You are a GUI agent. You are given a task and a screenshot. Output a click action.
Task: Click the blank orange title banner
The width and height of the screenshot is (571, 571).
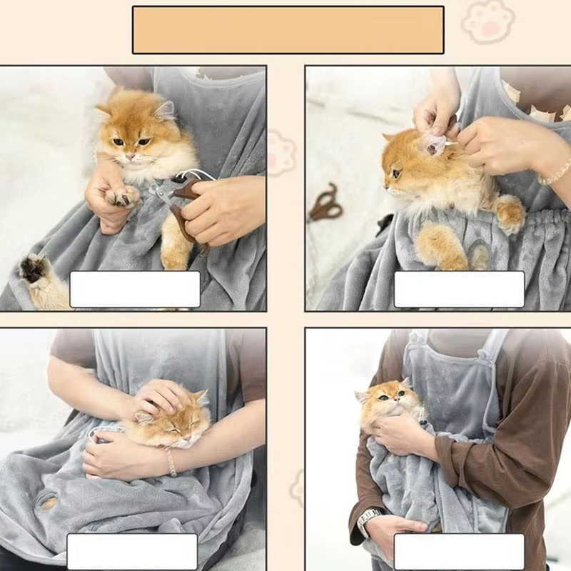[288, 30]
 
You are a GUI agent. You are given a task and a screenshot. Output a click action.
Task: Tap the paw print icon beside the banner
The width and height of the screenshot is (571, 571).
[487, 21]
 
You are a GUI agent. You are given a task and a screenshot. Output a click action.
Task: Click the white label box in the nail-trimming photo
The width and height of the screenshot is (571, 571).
[135, 289]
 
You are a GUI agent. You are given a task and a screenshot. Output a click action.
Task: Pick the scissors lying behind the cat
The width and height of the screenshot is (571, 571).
[325, 203]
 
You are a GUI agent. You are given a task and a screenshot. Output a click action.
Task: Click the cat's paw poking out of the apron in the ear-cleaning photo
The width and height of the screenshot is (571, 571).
[510, 213]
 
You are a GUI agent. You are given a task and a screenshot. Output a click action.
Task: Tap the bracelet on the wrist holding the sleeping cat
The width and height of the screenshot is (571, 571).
[171, 462]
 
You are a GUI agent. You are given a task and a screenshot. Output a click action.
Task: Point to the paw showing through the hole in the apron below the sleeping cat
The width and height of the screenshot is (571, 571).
[49, 503]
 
